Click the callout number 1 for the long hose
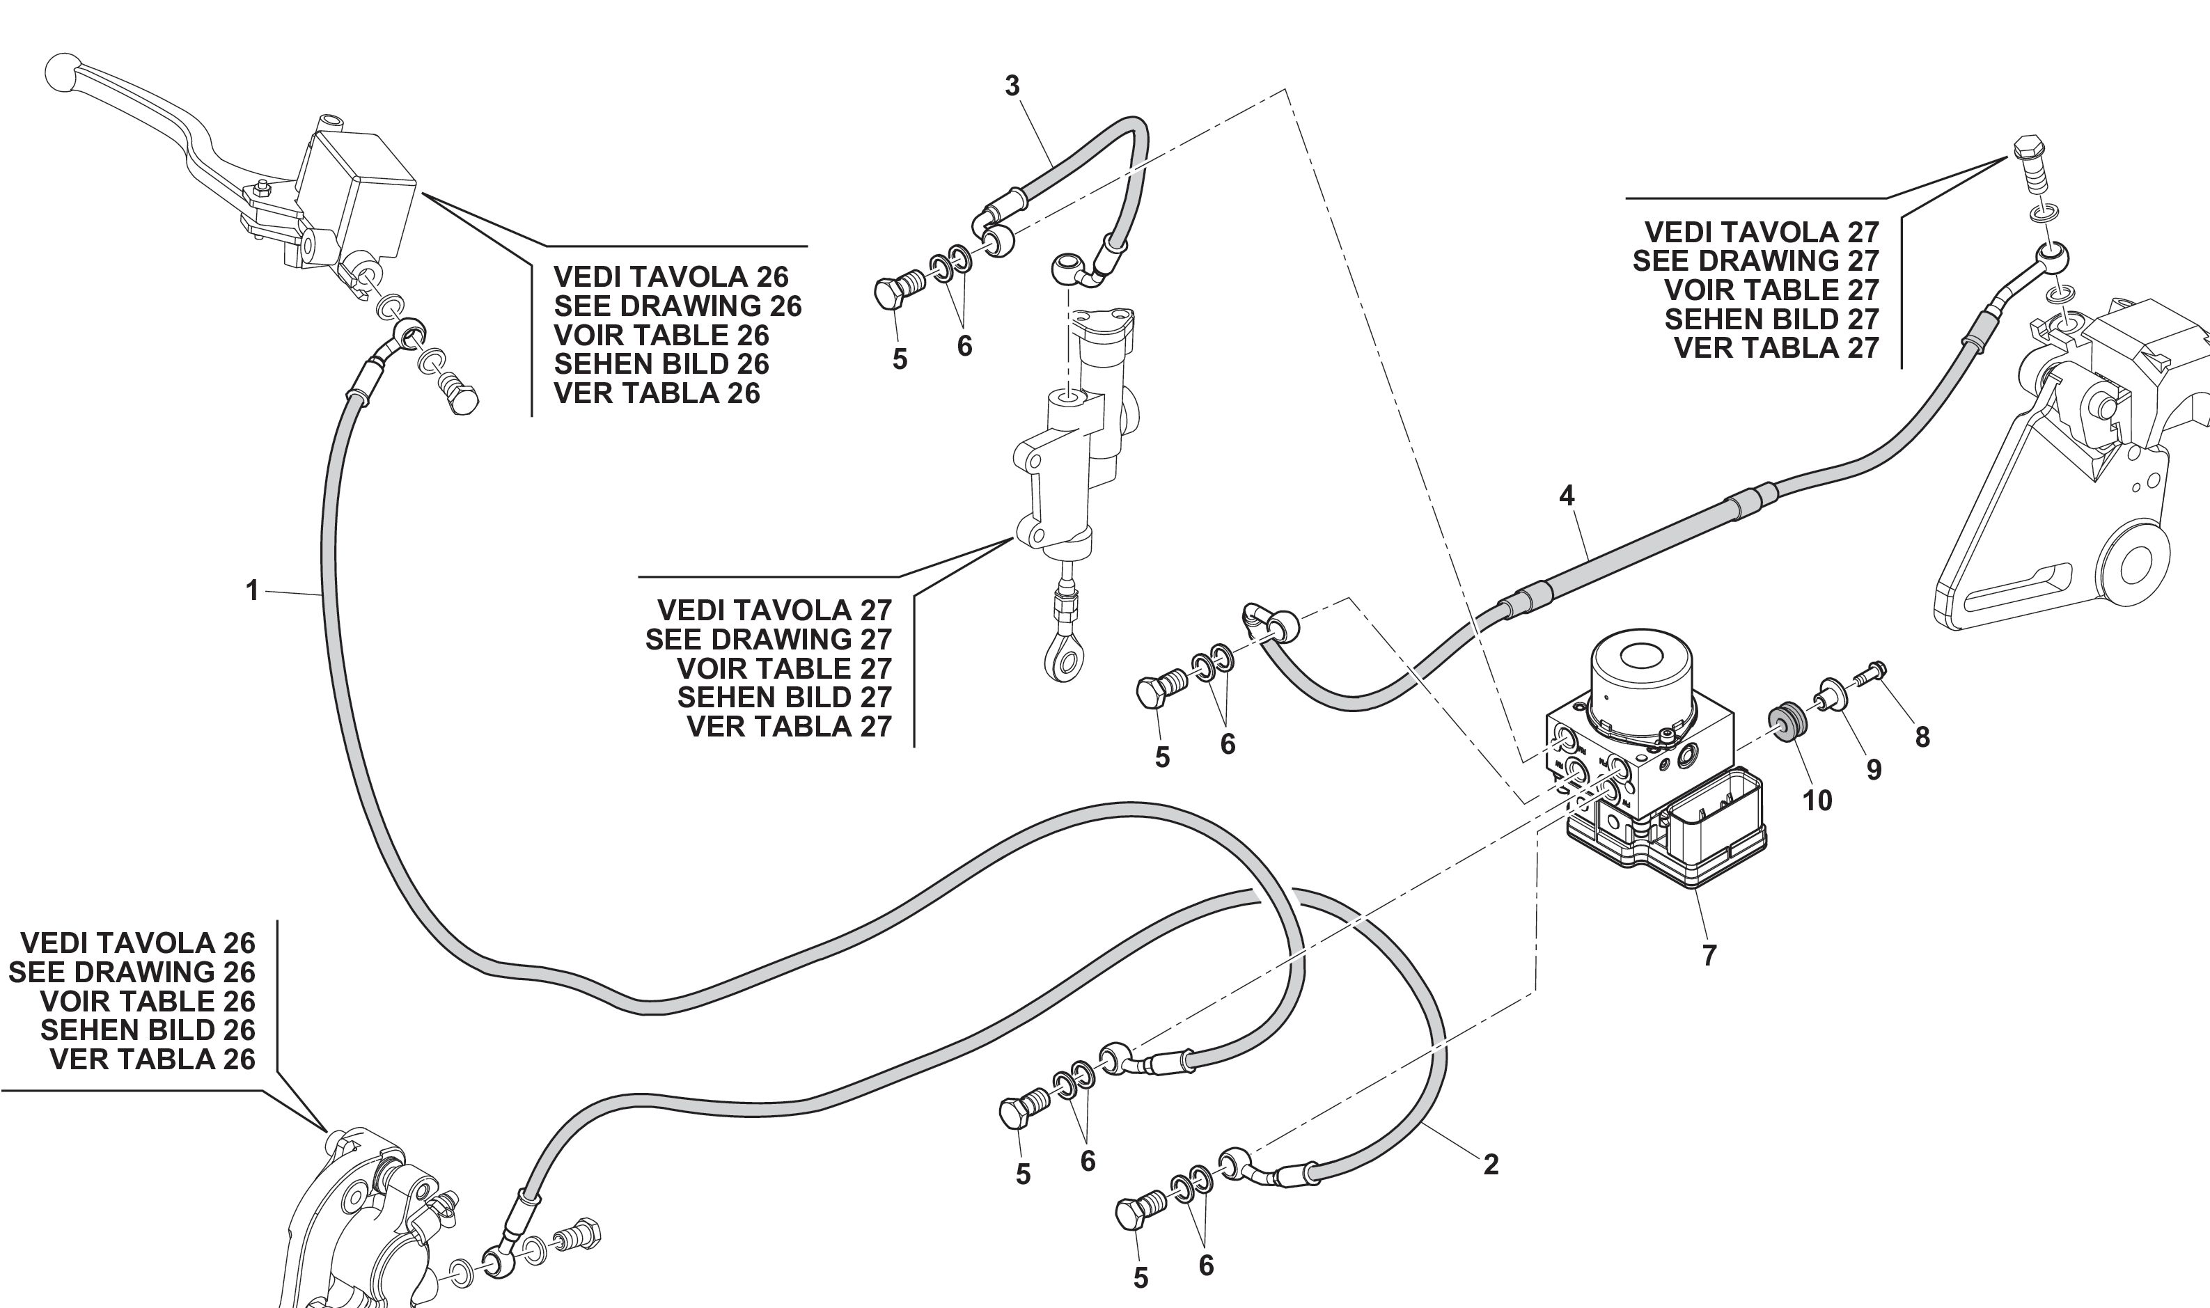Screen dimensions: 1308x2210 [252, 590]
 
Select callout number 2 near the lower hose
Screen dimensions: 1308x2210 [1491, 1165]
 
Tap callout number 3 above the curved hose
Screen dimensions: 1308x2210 [1012, 86]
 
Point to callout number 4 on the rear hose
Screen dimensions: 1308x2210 [1567, 496]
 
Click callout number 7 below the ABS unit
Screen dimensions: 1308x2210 [1709, 954]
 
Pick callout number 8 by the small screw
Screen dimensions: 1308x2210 [1922, 737]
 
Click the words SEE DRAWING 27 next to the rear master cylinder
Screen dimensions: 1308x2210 [768, 639]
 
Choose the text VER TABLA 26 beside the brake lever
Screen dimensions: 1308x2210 [657, 393]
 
